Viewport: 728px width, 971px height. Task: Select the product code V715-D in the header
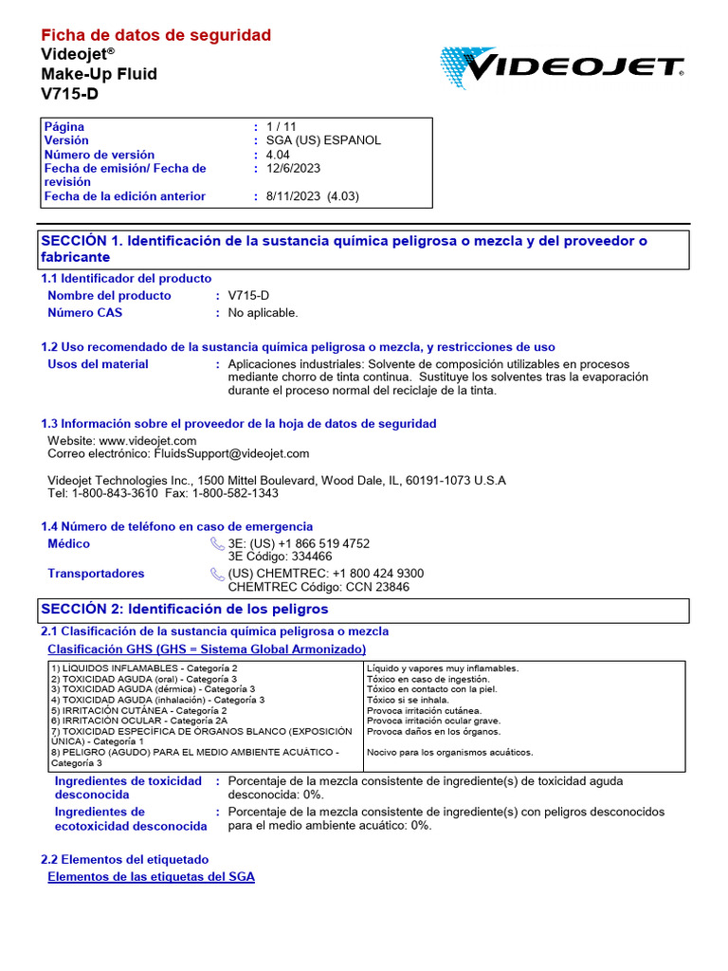click(69, 93)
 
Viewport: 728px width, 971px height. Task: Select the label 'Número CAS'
click(84, 313)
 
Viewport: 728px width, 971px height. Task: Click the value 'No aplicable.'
click(264, 313)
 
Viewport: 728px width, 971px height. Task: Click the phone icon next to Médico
click(217, 544)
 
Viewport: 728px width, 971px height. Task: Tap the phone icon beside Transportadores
click(217, 574)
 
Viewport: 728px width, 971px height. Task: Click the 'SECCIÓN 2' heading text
click(184, 609)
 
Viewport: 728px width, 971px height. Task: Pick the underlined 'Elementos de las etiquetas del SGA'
click(151, 877)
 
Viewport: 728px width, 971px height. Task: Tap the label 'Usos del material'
click(98, 364)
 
